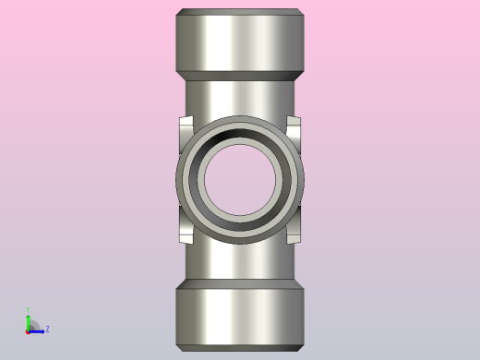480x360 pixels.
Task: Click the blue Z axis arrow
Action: pos(37,330)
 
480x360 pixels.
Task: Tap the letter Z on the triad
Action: pos(47,329)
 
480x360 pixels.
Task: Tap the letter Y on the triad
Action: pos(28,310)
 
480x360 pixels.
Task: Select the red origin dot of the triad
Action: pos(28,330)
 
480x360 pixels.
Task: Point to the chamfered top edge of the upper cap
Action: pos(240,12)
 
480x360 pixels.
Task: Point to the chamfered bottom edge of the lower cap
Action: pos(240,348)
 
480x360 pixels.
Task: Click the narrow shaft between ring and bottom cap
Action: pos(240,263)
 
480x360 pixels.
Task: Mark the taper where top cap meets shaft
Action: pos(240,77)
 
